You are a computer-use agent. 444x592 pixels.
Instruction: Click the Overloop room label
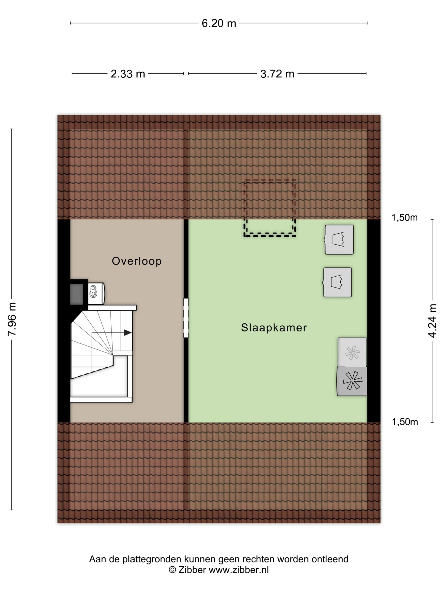click(137, 261)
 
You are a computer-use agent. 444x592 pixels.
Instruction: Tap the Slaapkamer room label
click(274, 328)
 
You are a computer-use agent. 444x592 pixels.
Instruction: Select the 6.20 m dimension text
click(219, 23)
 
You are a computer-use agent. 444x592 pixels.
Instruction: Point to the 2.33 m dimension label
click(128, 74)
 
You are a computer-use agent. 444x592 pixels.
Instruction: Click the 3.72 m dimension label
click(277, 74)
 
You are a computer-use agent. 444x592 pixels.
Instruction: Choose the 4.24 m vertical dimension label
click(432, 321)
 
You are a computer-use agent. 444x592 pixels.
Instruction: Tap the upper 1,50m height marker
click(404, 218)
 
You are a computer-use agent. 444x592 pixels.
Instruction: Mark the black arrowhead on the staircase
click(128, 333)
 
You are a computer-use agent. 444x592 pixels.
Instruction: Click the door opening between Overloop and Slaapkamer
click(186, 318)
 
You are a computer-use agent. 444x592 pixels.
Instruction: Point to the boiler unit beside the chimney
click(96, 294)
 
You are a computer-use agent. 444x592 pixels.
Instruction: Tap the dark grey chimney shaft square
click(77, 294)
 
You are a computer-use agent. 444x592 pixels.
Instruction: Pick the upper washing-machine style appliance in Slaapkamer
click(339, 240)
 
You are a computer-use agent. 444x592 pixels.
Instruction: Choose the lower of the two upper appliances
click(337, 282)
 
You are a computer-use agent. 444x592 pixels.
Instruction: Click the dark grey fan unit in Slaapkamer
click(352, 381)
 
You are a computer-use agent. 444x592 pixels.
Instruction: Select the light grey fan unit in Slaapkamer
click(352, 352)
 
